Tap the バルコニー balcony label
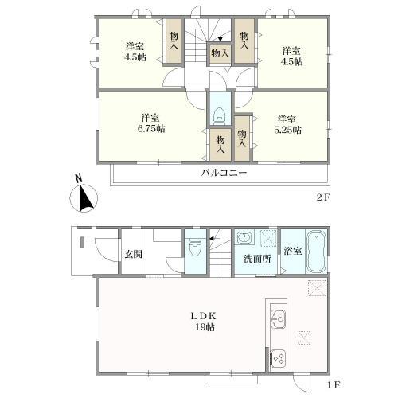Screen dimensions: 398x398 click(224, 174)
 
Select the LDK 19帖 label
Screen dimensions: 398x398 click(205, 322)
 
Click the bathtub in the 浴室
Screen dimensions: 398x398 click(316, 252)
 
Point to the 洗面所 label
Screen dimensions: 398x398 click(257, 259)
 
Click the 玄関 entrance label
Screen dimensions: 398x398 click(134, 254)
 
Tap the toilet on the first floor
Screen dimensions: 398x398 click(195, 247)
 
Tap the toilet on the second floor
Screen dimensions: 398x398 click(219, 116)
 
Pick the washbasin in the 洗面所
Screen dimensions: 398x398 click(244, 237)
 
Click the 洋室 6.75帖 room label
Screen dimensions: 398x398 click(151, 123)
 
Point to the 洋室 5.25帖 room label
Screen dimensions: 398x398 click(287, 125)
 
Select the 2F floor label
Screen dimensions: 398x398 click(323, 197)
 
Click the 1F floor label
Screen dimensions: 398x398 click(334, 385)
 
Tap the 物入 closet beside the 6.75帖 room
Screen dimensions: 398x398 click(220, 145)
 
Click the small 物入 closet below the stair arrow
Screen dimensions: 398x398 click(220, 54)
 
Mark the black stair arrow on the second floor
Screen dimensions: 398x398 click(220, 40)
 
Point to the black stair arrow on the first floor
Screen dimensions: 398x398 click(212, 239)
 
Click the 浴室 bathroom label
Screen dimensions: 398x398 click(293, 251)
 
